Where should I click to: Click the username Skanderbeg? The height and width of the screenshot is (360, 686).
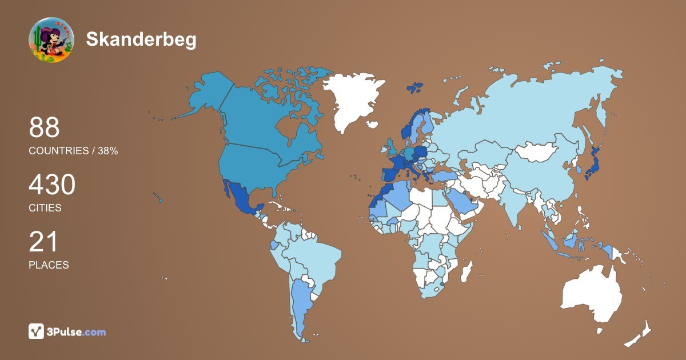point(141,39)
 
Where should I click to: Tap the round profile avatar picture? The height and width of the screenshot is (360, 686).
point(51,40)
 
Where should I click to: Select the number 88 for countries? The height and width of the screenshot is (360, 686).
point(45,128)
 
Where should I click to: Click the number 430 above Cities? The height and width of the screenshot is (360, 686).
point(52,186)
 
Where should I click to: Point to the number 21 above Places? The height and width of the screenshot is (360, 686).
point(43,242)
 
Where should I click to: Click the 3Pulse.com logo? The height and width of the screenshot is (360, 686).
point(67,331)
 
